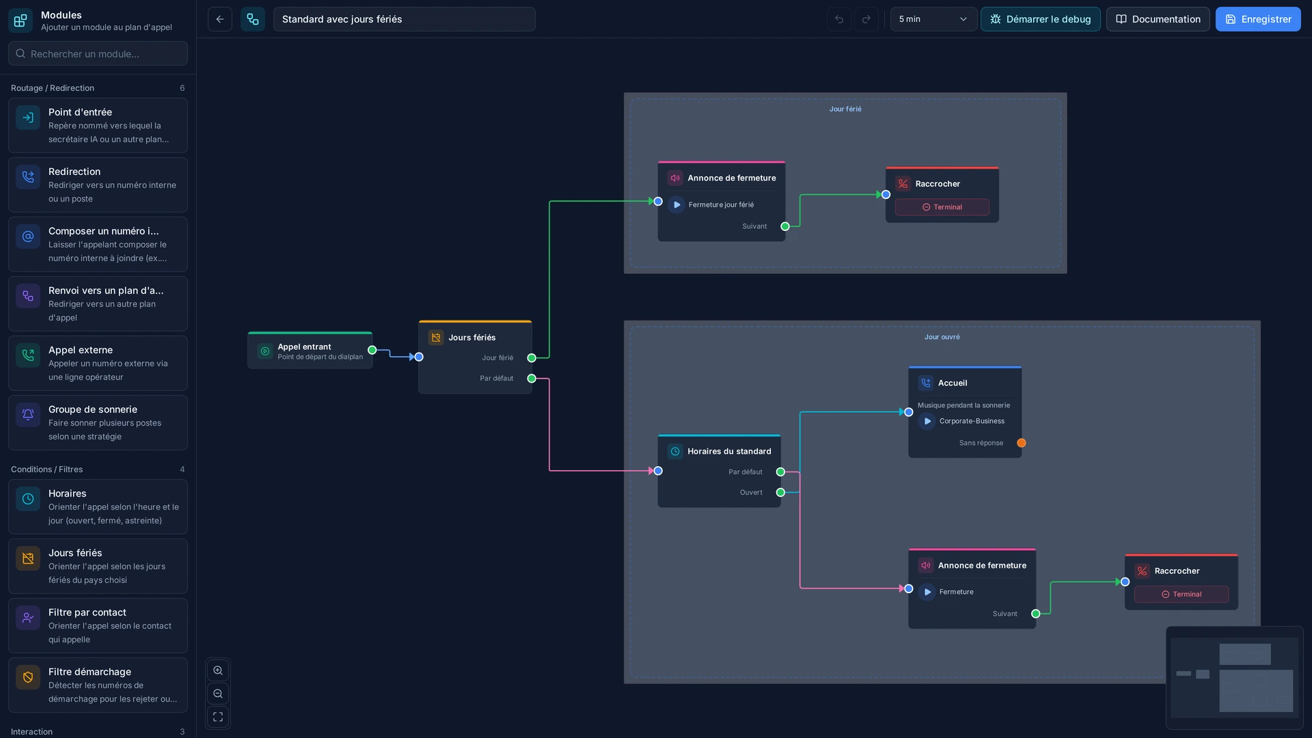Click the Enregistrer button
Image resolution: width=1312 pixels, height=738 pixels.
click(x=1258, y=19)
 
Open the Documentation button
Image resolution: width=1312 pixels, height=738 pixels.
click(x=1158, y=19)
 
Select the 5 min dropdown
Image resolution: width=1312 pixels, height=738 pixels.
click(x=933, y=19)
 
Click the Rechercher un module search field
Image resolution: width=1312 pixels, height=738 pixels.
click(x=98, y=53)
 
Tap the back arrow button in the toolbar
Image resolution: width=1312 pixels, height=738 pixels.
click(x=220, y=19)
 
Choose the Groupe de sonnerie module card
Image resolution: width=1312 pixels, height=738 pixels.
click(x=98, y=422)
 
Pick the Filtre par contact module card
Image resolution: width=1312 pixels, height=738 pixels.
click(x=98, y=625)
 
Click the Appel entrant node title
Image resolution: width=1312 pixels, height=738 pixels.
click(x=304, y=346)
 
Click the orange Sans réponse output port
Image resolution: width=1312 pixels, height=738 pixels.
click(x=1022, y=443)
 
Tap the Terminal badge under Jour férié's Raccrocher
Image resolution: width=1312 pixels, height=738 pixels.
click(x=942, y=207)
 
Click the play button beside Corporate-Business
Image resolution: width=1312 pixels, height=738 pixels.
click(x=927, y=421)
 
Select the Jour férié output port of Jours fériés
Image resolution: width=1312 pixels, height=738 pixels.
click(x=532, y=357)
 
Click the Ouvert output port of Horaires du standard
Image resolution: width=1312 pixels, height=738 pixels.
click(x=780, y=492)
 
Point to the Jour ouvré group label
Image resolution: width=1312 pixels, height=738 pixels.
click(x=942, y=337)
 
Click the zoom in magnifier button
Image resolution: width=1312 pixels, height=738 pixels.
click(x=218, y=670)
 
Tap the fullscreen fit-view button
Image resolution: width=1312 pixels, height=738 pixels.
click(x=218, y=717)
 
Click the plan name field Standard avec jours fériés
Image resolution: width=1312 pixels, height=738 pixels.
click(x=404, y=19)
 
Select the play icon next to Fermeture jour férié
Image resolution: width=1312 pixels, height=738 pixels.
click(x=676, y=204)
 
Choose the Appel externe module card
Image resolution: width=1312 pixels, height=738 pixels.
click(x=98, y=363)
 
